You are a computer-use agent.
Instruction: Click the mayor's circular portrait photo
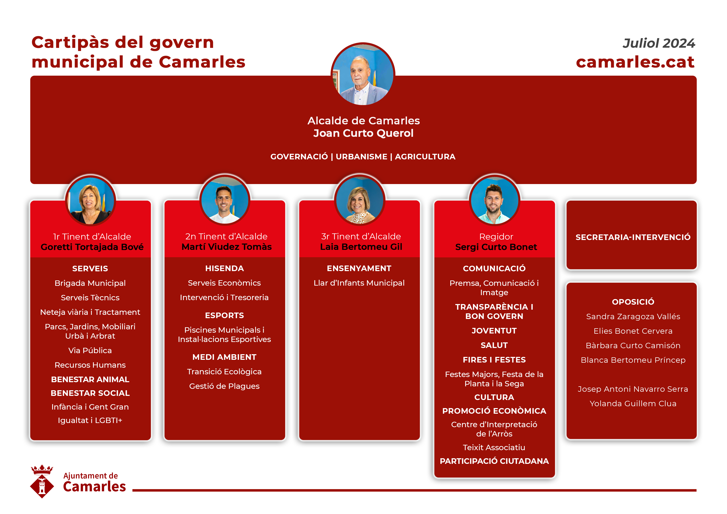coord(363,75)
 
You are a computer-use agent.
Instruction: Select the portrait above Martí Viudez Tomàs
coord(225,200)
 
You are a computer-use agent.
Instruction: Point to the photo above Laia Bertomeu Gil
coord(360,200)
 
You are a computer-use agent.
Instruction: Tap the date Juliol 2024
coord(659,43)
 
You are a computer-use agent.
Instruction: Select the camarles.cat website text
coord(635,62)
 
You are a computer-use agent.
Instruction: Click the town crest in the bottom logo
coord(42,481)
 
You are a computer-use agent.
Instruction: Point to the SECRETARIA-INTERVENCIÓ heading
coord(633,237)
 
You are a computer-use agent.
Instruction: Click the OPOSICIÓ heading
coord(633,302)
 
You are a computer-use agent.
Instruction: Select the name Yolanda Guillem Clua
coord(633,404)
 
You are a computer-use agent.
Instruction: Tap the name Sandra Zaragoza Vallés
coord(633,316)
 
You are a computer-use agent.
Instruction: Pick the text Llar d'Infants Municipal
coord(359,283)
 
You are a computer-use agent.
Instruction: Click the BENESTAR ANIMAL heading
coord(90,379)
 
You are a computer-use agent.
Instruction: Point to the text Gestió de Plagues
coord(224,386)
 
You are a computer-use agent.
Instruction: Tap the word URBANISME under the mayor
coord(361,157)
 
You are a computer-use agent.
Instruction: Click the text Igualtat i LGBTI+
coord(90,420)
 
